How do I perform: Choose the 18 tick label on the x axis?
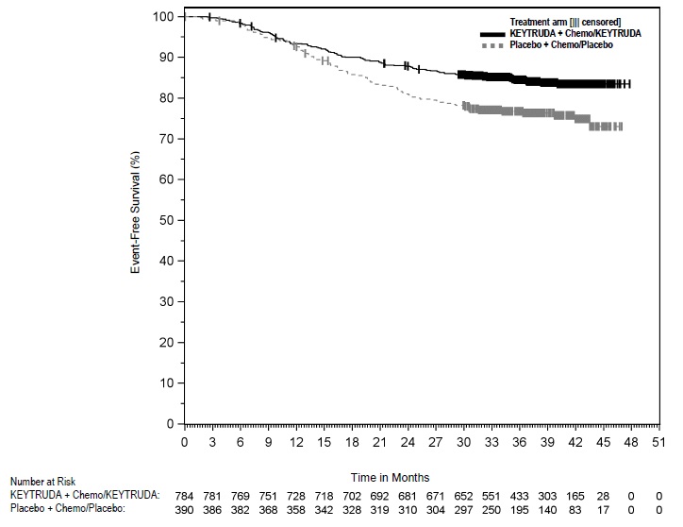[352, 441]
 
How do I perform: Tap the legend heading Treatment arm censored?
[565, 21]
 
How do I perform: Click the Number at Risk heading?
[47, 478]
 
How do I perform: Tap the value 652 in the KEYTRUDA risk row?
[463, 493]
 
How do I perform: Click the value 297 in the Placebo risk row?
[463, 508]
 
